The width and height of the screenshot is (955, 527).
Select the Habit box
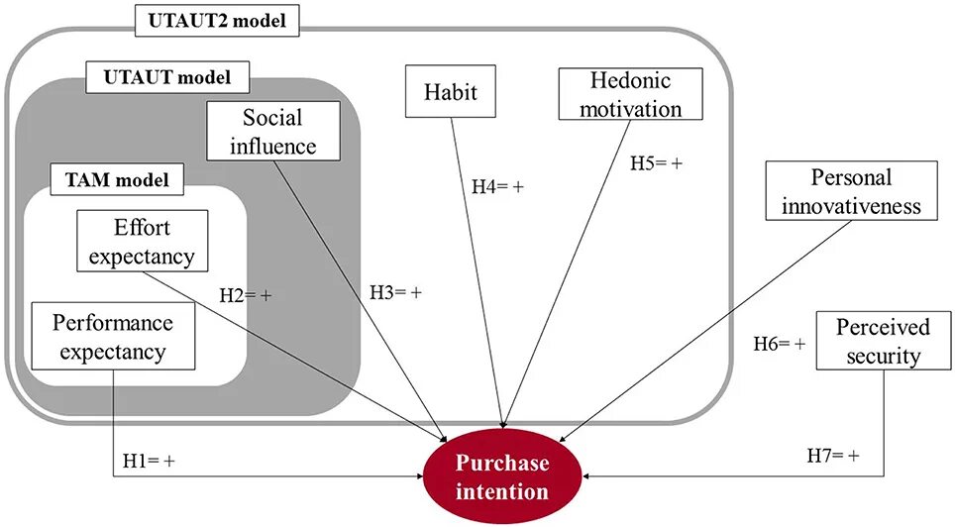point(451,93)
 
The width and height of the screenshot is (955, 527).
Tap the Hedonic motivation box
point(630,93)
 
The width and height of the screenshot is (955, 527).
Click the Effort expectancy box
point(142,241)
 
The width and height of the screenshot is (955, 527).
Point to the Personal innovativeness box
point(851,191)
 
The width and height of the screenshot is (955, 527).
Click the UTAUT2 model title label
point(216,19)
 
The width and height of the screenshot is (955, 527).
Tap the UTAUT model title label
point(167,75)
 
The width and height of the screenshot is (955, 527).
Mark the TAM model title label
point(118,179)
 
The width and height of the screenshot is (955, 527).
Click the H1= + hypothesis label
point(149,461)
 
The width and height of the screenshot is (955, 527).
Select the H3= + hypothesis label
point(395,292)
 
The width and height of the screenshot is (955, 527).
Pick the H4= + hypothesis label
point(497,184)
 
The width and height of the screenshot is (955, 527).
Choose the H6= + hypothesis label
point(779,344)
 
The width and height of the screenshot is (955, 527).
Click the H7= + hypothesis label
point(832,455)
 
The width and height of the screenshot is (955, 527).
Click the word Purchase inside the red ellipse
point(501,463)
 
